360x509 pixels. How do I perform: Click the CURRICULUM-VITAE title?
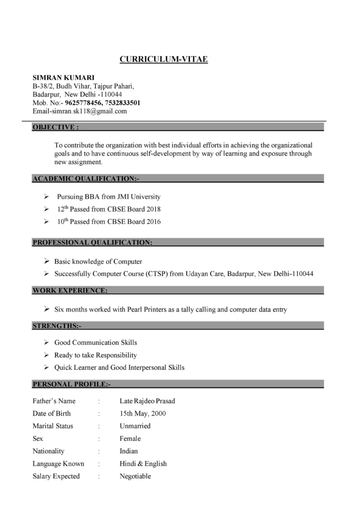click(164, 60)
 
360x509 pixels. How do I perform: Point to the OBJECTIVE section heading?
click(55, 127)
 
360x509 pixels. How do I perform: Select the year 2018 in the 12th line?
click(154, 209)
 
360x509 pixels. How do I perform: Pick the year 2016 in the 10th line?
click(154, 222)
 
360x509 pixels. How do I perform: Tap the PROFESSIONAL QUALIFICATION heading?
click(92, 243)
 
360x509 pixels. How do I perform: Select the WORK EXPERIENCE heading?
click(70, 290)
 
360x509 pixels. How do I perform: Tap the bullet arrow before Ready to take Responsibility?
click(46, 355)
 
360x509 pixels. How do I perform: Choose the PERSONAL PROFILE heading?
click(72, 384)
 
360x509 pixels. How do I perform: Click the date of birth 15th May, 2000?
click(143, 414)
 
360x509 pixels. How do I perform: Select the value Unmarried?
click(135, 426)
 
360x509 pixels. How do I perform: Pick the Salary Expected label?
click(56, 476)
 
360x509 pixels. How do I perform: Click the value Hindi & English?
click(143, 464)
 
